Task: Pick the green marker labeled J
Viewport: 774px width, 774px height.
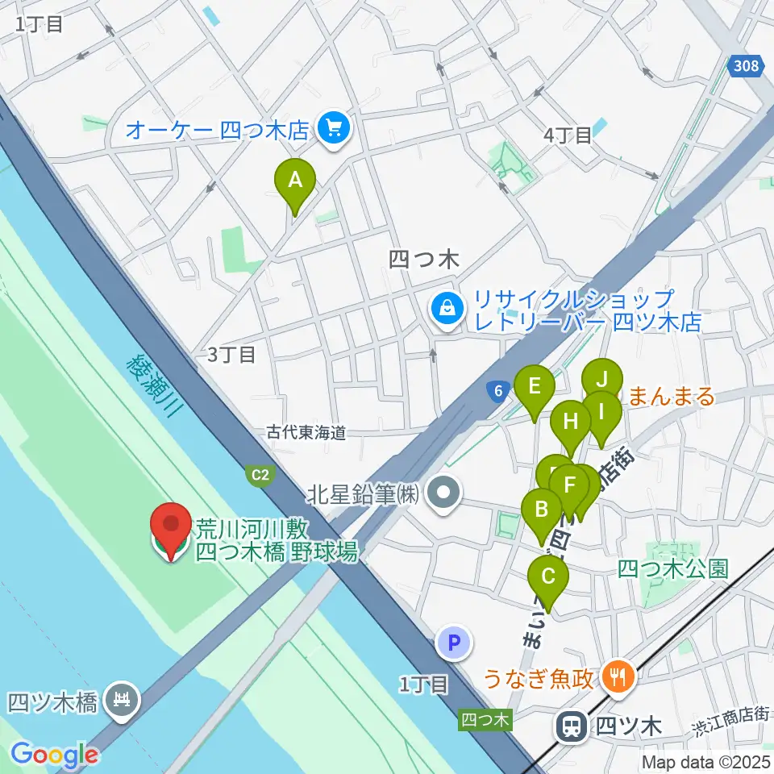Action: pos(602,380)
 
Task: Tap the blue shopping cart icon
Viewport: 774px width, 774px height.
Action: pos(331,128)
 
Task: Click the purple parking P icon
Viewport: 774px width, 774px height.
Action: pos(452,643)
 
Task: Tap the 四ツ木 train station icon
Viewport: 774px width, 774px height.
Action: pos(571,725)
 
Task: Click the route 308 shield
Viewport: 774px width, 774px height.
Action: pos(747,66)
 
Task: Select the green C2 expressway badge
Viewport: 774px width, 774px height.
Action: pos(260,476)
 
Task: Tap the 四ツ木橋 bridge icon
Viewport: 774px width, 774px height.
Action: pos(123,699)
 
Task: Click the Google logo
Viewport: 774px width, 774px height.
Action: pos(54,754)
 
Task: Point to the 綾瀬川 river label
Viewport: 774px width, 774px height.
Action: pos(156,386)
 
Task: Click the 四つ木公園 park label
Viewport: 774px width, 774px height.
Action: pos(672,569)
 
